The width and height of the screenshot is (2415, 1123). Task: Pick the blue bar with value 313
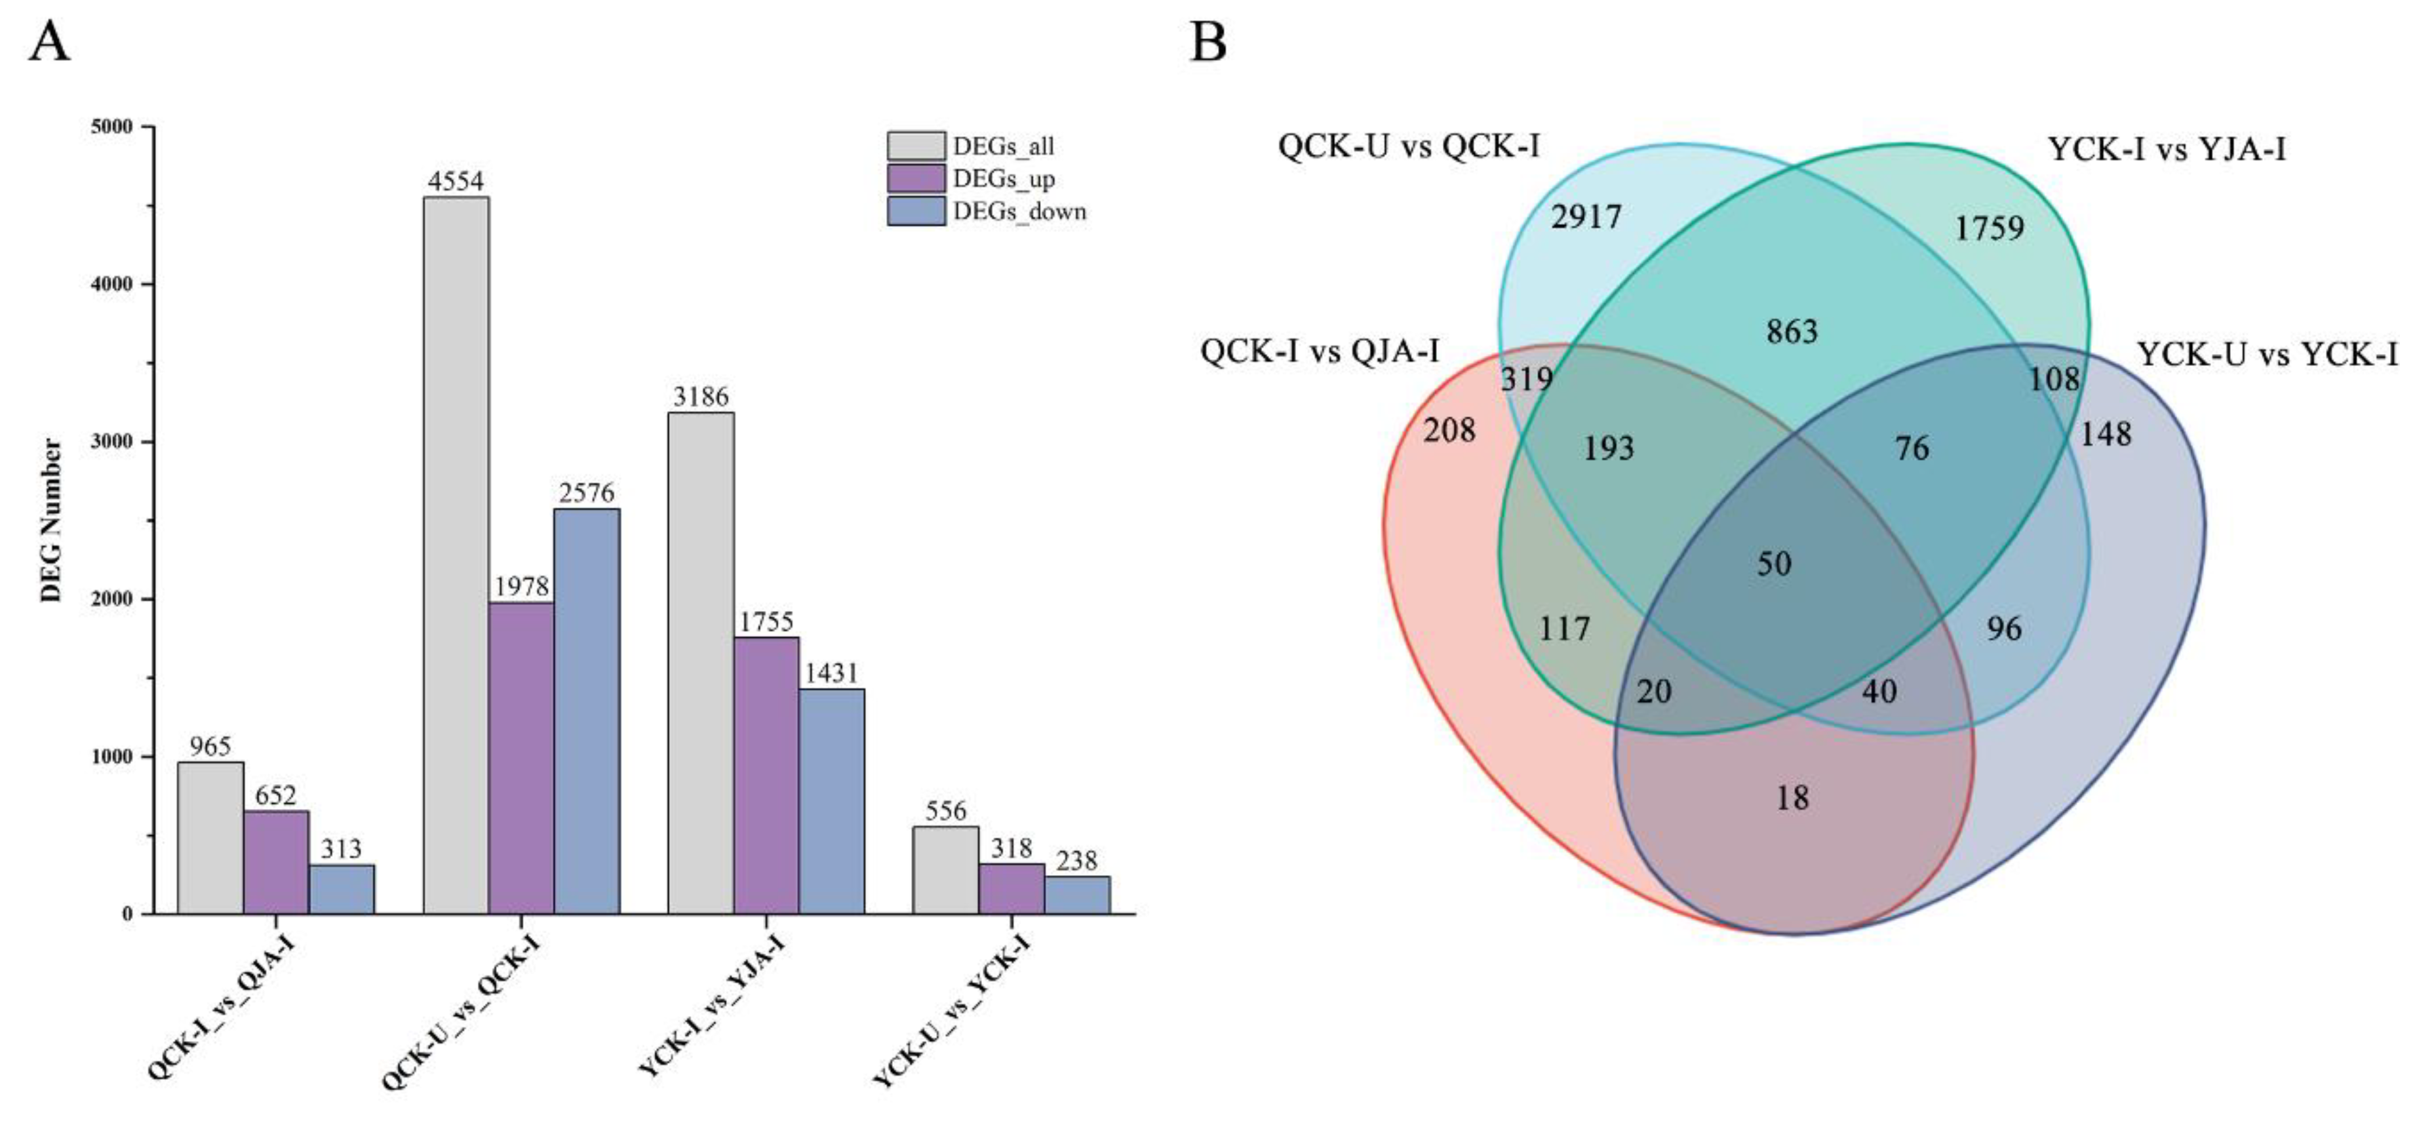point(342,889)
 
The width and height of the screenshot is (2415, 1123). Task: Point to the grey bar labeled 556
point(945,870)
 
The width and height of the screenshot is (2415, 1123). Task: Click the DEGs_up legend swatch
point(916,178)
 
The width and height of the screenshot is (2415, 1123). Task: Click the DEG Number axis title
point(52,521)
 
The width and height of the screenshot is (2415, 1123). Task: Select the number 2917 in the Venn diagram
point(1585,218)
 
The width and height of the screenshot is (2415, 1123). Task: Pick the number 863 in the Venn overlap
point(1792,331)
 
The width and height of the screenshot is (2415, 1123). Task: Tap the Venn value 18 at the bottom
point(1792,798)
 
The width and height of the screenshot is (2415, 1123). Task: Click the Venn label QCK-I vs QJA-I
point(1319,351)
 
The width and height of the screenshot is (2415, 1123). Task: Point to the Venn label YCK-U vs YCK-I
point(2267,354)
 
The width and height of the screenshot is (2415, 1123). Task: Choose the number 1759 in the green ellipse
point(1988,227)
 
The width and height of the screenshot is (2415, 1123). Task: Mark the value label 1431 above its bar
point(831,673)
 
